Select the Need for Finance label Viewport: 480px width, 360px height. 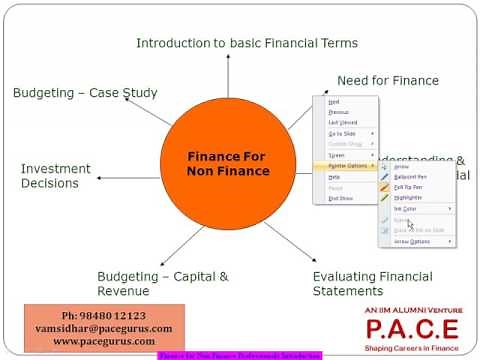click(387, 81)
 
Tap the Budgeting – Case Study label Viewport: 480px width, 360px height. click(85, 93)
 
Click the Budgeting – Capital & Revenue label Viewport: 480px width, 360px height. click(162, 283)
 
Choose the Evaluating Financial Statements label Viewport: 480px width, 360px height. click(373, 283)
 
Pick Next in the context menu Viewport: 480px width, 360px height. click(334, 102)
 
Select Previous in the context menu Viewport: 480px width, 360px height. click(339, 112)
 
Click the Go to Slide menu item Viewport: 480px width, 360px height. click(341, 133)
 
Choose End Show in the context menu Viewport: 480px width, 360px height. click(339, 198)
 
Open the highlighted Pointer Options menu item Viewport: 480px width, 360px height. click(346, 166)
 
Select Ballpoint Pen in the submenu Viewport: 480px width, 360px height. click(413, 176)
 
